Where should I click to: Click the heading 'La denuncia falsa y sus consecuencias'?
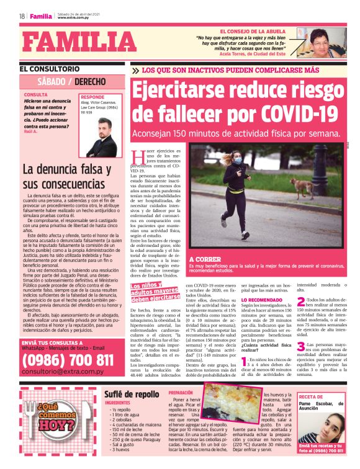pos(67,177)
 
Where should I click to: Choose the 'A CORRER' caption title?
pos(204,259)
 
